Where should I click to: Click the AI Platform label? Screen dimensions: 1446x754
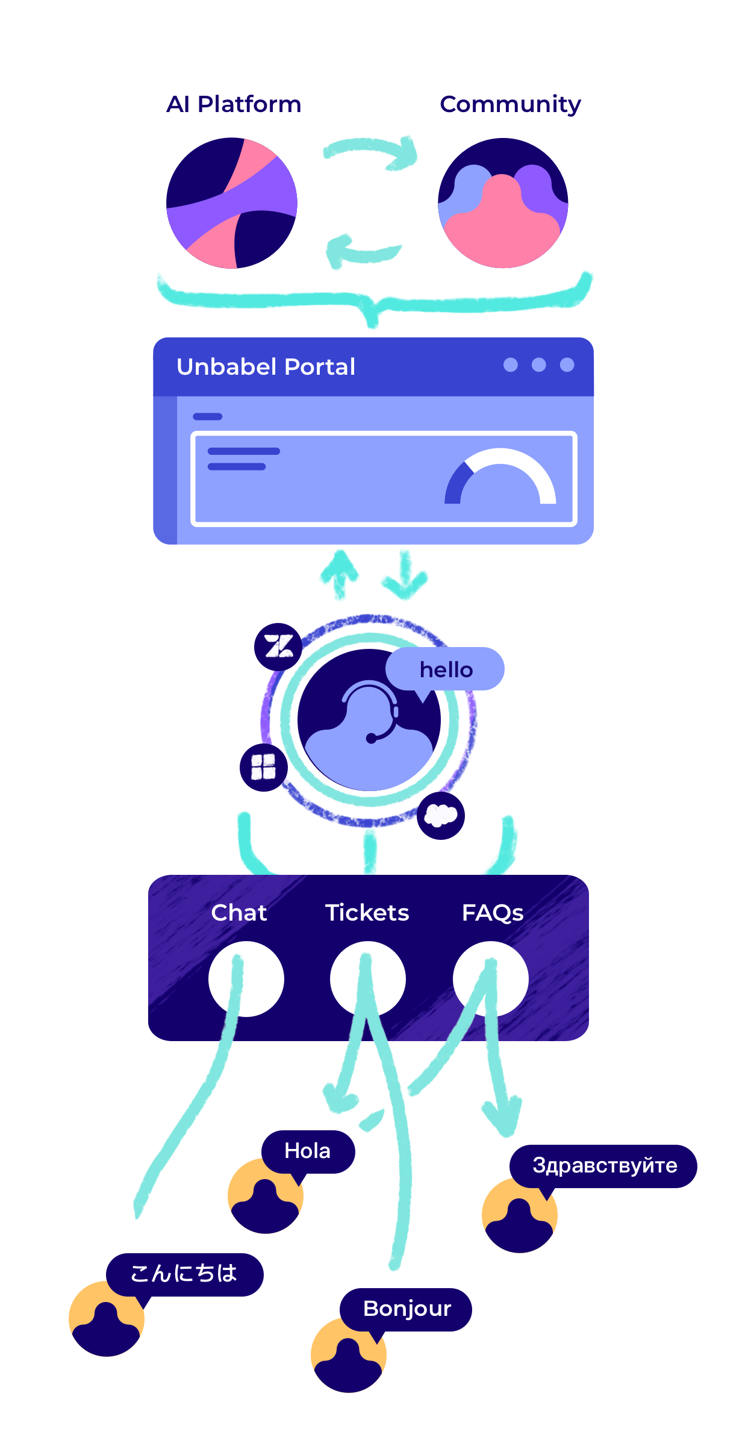click(234, 104)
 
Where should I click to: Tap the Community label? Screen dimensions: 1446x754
click(510, 104)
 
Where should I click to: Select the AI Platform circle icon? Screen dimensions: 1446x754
click(232, 203)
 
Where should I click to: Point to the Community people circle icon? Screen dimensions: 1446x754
click(503, 203)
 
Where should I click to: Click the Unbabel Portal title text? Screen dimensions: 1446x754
click(266, 366)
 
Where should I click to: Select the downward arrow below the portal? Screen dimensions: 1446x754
click(405, 574)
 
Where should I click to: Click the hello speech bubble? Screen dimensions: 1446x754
click(445, 669)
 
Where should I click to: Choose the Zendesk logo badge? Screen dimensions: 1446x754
click(278, 646)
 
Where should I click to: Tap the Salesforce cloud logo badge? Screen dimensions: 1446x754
click(441, 815)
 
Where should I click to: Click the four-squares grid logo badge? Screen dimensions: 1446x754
click(263, 767)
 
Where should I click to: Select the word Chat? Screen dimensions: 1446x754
click(238, 912)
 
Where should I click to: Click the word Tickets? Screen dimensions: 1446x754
click(367, 912)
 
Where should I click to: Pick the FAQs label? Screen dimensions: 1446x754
click(492, 912)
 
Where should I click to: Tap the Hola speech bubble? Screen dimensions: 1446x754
click(308, 1151)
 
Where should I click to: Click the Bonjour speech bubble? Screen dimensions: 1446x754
click(407, 1309)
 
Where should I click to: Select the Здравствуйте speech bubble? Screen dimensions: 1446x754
click(604, 1165)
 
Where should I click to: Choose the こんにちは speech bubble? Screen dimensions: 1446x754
click(184, 1273)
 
